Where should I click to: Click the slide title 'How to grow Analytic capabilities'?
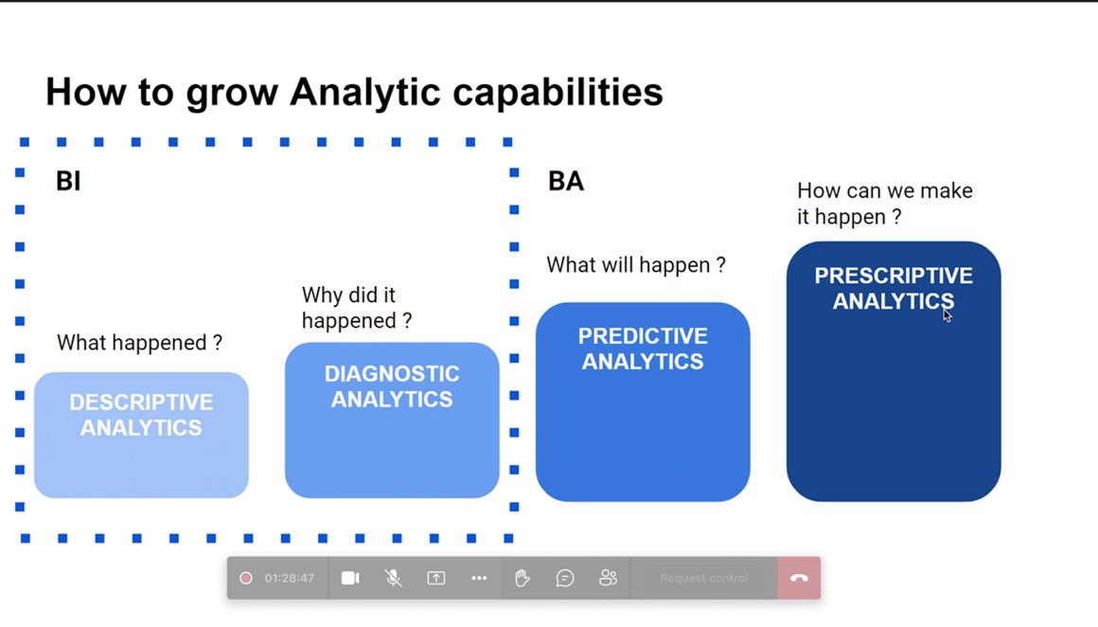point(354,93)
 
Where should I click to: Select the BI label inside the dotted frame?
point(68,181)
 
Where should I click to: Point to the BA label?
point(566,181)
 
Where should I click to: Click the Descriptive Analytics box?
point(141,435)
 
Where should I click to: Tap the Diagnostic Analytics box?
point(392,420)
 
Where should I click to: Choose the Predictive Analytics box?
point(643,402)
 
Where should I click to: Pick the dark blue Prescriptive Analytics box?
point(894,371)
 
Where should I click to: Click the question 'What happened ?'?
point(139,343)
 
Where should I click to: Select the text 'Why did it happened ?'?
point(357,308)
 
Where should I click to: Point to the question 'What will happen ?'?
point(636,265)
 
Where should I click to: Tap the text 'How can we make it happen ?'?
point(884,204)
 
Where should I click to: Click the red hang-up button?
point(799,578)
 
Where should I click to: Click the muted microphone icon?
point(393,578)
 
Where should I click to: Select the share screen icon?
point(436,578)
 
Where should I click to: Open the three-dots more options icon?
point(479,578)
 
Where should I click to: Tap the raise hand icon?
point(522,578)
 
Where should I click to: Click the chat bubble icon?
point(565,578)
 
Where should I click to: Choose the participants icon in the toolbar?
point(608,578)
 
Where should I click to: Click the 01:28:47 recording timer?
point(289,578)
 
